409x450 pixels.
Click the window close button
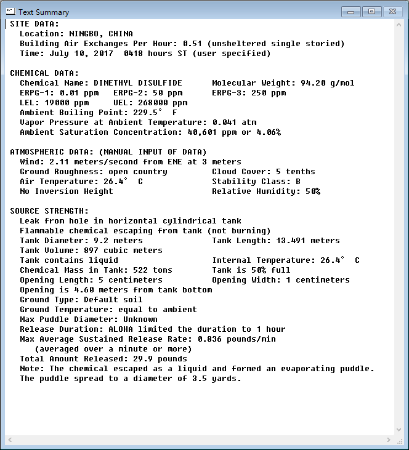392,11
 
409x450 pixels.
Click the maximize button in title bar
371,11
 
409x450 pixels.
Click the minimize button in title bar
352,11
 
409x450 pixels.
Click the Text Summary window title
43,12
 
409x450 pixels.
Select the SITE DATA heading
34,24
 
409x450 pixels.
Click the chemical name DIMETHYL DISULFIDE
137,83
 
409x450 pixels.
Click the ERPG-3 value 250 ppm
269,93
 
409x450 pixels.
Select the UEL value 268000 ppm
163,103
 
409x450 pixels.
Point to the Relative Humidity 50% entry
266,191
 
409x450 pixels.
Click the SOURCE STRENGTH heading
49,211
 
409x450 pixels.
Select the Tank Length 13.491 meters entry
275,241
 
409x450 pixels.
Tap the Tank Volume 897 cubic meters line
91,251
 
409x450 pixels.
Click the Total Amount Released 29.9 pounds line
103,359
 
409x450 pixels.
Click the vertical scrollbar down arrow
399,429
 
